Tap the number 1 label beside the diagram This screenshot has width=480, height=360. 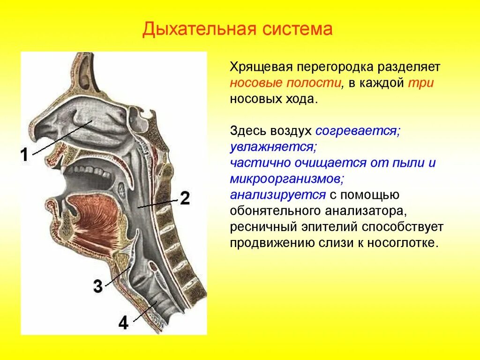pos(24,155)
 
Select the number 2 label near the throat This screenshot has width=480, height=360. pos(184,199)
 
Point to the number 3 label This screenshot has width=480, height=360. pos(97,286)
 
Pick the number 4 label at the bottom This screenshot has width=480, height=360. pos(123,323)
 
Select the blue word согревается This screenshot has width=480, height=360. pos(357,131)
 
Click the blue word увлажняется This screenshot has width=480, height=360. pos(273,147)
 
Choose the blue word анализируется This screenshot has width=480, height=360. pos(277,195)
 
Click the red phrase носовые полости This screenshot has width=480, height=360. pos(285,83)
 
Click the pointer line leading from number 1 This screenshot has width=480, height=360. pos(61,138)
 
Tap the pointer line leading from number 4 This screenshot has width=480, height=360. pos(145,312)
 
